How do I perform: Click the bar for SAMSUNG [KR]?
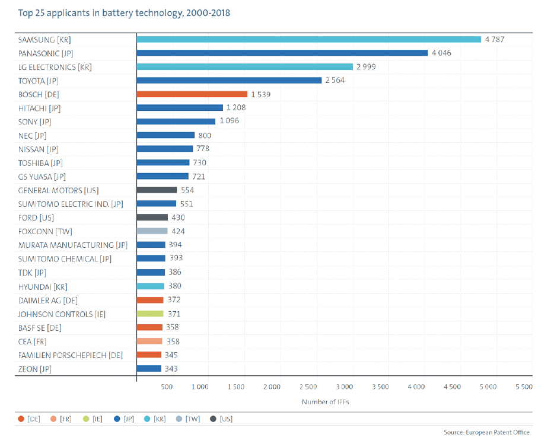pyautogui.click(x=308, y=39)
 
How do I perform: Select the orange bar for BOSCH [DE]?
pyautogui.click(x=192, y=94)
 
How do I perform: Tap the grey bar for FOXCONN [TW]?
pyautogui.click(x=152, y=231)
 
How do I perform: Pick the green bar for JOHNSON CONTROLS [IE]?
pyautogui.click(x=150, y=314)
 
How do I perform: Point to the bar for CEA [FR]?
pyautogui.click(x=149, y=341)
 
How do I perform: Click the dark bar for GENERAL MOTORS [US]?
pyautogui.click(x=157, y=190)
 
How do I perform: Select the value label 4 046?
pyautogui.click(x=442, y=53)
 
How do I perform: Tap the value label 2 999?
pyautogui.click(x=367, y=66)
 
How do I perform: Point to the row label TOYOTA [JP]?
pyautogui.click(x=39, y=80)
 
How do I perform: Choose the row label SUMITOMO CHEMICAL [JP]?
pyautogui.click(x=65, y=258)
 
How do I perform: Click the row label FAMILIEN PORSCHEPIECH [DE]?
pyautogui.click(x=71, y=354)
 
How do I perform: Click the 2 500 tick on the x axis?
pyautogui.click(x=307, y=387)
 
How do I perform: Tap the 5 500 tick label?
pyautogui.click(x=524, y=387)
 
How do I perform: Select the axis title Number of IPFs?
pyautogui.click(x=325, y=401)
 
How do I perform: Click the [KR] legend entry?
pyautogui.click(x=155, y=419)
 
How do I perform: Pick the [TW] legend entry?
pyautogui.click(x=189, y=419)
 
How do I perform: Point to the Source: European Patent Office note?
pyautogui.click(x=486, y=432)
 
